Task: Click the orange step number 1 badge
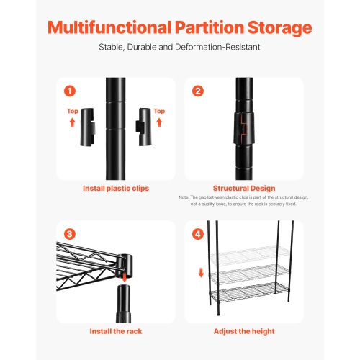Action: (70, 91)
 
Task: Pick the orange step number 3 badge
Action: (70, 234)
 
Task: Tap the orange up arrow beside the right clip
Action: (159, 123)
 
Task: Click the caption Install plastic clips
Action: (115, 189)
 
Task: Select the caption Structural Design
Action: (244, 189)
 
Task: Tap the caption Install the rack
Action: (115, 331)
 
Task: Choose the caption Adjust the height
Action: (244, 331)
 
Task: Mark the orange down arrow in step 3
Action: (125, 277)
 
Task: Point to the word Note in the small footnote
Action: (184, 198)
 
